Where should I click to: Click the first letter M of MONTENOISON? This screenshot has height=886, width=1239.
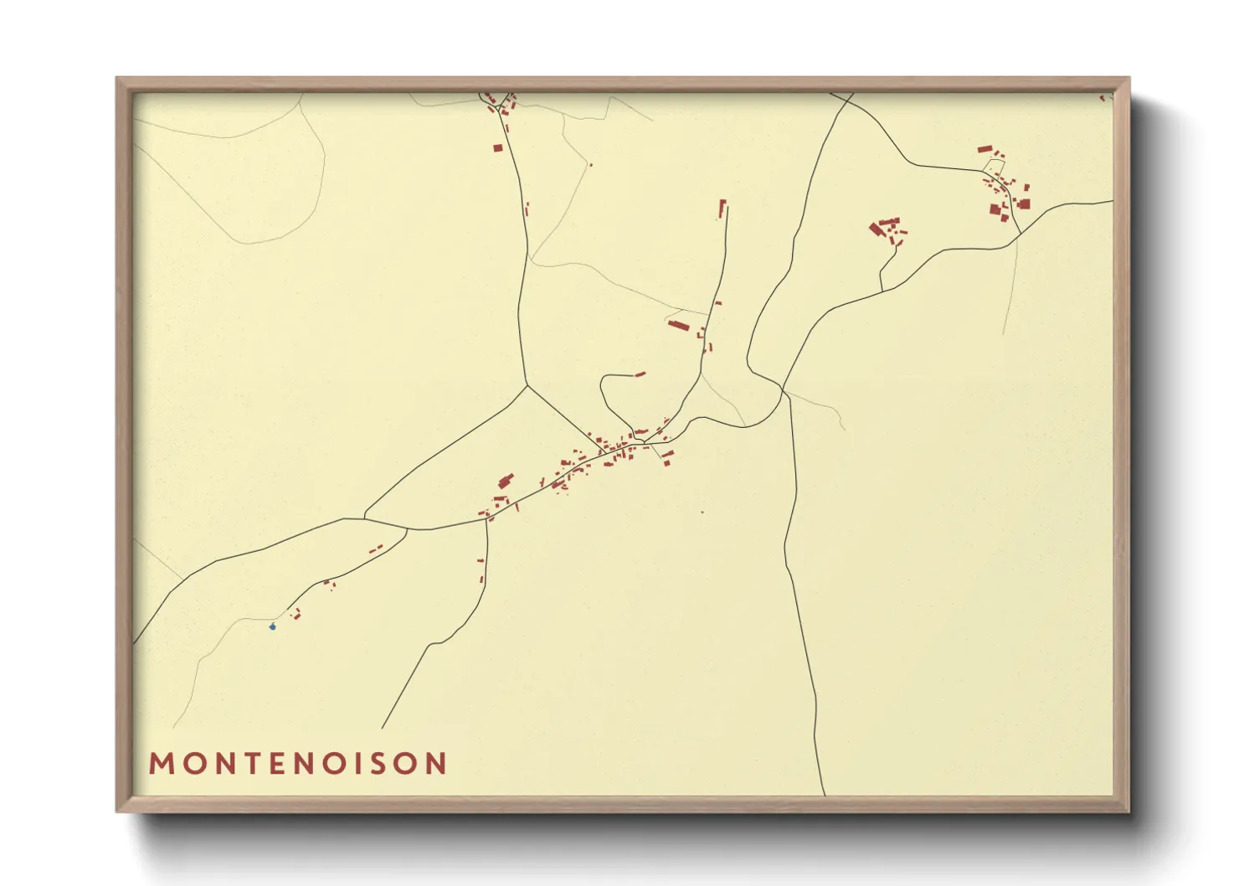(161, 764)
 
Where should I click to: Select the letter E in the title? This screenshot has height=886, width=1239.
(280, 764)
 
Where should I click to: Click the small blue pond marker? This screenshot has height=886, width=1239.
(272, 626)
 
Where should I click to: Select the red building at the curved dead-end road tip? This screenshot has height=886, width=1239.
(640, 373)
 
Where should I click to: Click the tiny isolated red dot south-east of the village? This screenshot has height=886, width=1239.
(702, 513)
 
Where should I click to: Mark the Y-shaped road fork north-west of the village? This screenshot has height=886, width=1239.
(527, 386)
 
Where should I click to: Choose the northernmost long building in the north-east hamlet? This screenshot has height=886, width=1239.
(985, 149)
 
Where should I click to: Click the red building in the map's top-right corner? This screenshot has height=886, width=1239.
(1103, 98)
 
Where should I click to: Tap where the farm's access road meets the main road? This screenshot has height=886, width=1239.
(882, 291)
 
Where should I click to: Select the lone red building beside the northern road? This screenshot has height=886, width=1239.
(497, 148)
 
